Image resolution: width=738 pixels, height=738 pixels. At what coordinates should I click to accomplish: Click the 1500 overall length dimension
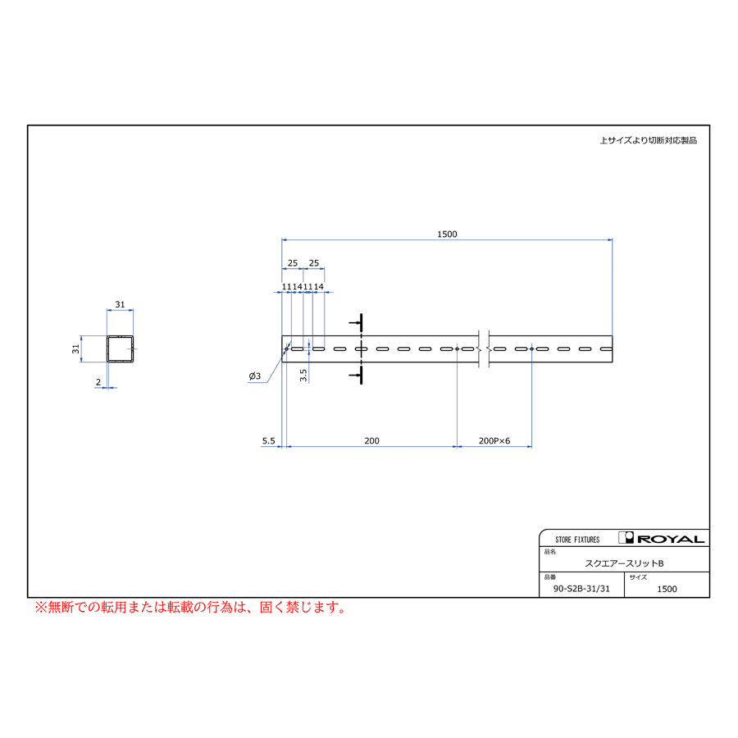447,234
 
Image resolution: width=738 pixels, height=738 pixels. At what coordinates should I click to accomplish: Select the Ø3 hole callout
255,376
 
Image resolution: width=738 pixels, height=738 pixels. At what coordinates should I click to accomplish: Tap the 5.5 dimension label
268,440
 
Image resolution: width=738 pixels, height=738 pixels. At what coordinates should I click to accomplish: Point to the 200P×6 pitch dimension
494,440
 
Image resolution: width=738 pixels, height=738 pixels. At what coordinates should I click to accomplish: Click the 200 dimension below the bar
371,440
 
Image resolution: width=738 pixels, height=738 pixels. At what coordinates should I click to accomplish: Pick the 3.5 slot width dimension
303,375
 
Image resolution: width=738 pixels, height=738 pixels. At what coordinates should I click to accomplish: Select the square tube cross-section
120,348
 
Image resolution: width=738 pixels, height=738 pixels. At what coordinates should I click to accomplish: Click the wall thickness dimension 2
98,382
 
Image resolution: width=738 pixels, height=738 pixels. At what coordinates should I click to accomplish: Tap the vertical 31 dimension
75,348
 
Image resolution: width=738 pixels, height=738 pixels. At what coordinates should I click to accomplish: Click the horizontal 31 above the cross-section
120,304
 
